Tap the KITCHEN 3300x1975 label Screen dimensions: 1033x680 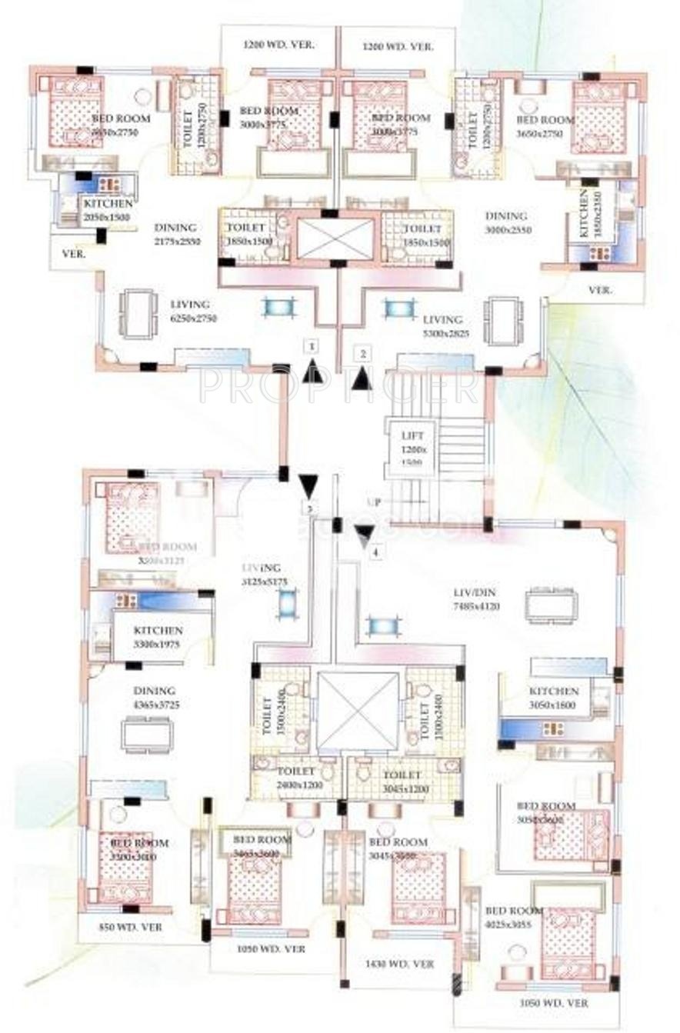pyautogui.click(x=157, y=636)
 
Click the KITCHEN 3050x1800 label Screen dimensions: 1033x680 pyautogui.click(x=554, y=697)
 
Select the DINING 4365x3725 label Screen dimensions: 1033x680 pyautogui.click(x=155, y=697)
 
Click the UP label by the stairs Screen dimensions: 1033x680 pyautogui.click(x=375, y=502)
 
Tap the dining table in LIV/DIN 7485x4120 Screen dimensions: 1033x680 pyautogui.click(x=552, y=605)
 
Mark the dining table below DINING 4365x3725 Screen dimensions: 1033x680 pyautogui.click(x=147, y=735)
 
